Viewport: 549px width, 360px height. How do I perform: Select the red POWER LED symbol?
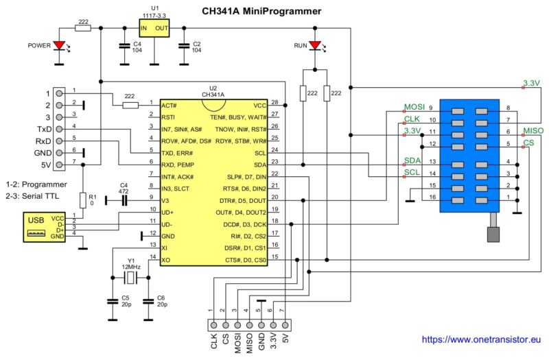(60, 46)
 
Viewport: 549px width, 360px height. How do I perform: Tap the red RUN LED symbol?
(315, 46)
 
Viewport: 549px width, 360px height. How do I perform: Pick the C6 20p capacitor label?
(161, 302)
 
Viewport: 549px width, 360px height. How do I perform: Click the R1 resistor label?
(94, 200)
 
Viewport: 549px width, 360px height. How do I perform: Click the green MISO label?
(533, 131)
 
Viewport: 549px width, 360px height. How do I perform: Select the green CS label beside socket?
(528, 143)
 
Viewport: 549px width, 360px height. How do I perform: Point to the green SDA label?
(412, 160)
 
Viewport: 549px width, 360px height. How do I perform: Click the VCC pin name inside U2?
(259, 105)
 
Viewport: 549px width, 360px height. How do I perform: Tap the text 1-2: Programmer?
(36, 184)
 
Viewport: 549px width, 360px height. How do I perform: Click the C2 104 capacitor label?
(196, 47)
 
